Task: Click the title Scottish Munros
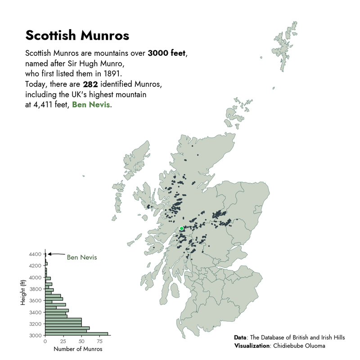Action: point(77,35)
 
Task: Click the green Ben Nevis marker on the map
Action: point(182,229)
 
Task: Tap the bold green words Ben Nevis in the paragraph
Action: point(91,105)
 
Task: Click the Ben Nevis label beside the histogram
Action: point(82,257)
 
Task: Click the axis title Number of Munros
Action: point(77,349)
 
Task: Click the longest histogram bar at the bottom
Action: point(76,333)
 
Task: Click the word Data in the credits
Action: point(240,337)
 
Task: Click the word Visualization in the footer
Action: point(251,346)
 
